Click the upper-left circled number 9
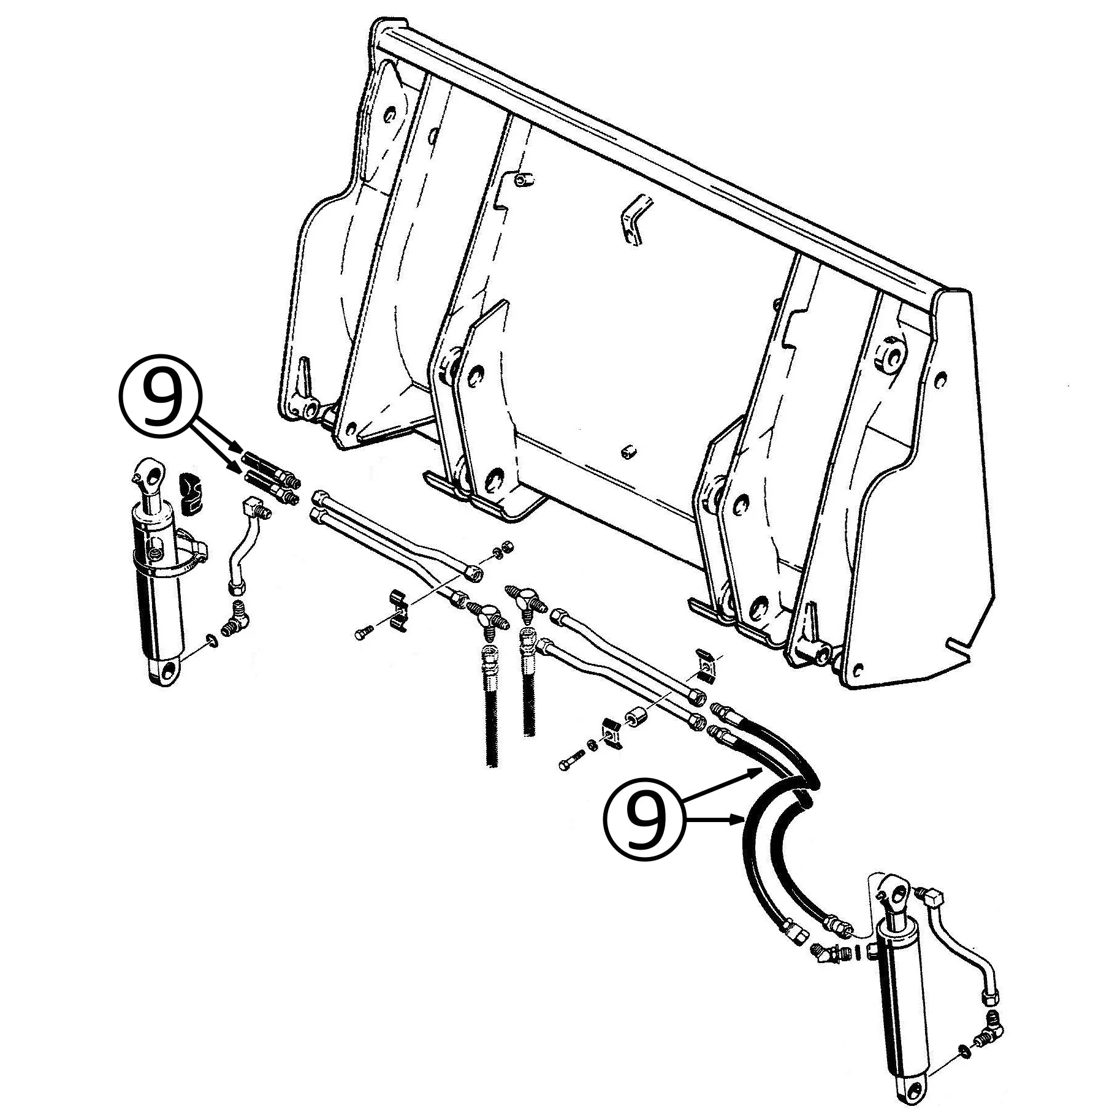[x=160, y=398]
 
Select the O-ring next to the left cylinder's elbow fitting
[x=210, y=641]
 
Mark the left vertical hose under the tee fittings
[x=491, y=705]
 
